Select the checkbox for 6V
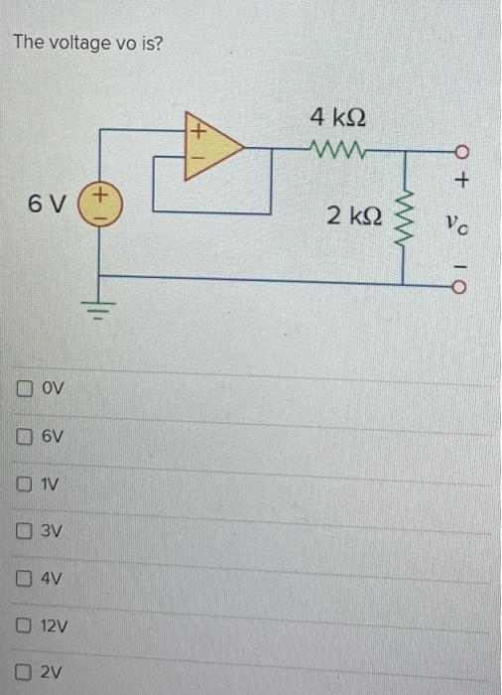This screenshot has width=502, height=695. coord(24,436)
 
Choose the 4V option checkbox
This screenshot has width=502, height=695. coord(24,579)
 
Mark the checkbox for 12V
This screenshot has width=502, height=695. coord(24,626)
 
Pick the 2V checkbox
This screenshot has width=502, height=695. coord(24,673)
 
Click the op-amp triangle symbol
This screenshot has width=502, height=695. coord(210,147)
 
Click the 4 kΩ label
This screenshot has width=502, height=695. coord(336,116)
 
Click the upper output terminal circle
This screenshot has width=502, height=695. coord(460,152)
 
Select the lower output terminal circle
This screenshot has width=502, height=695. coord(460,286)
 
